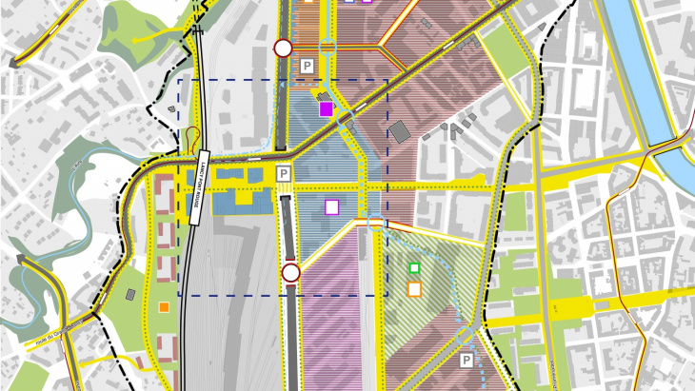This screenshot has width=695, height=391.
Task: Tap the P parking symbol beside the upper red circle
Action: pos(307,66)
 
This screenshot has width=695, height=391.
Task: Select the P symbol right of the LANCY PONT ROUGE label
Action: pos(283,173)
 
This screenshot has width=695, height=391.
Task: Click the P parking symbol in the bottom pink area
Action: pos(467,361)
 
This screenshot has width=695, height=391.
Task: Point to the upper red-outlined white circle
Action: pos(282,48)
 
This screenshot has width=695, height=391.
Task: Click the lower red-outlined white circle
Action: pos(291,274)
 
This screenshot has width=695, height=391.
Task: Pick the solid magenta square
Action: pos(327,108)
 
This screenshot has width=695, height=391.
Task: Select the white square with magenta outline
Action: pos(331,205)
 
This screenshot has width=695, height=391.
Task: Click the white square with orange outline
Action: pos(414,288)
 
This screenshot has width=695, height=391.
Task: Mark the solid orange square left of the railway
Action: pos(165,306)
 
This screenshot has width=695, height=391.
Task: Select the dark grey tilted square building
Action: pos(399,129)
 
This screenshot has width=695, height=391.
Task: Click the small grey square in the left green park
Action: pos(172,110)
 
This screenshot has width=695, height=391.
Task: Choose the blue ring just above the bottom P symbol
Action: pos(463,335)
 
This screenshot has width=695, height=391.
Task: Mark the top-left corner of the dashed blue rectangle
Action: pos(180,80)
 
